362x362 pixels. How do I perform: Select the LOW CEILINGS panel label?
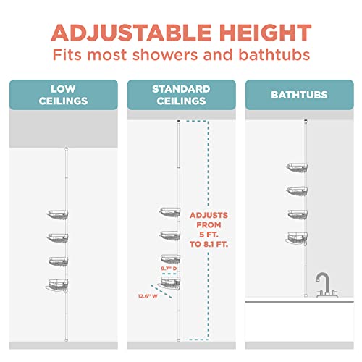click(64, 94)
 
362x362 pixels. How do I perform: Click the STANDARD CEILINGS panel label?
click(181, 94)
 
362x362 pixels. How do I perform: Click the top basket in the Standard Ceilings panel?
click(170, 212)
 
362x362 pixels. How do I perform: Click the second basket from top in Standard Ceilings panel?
click(170, 235)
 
